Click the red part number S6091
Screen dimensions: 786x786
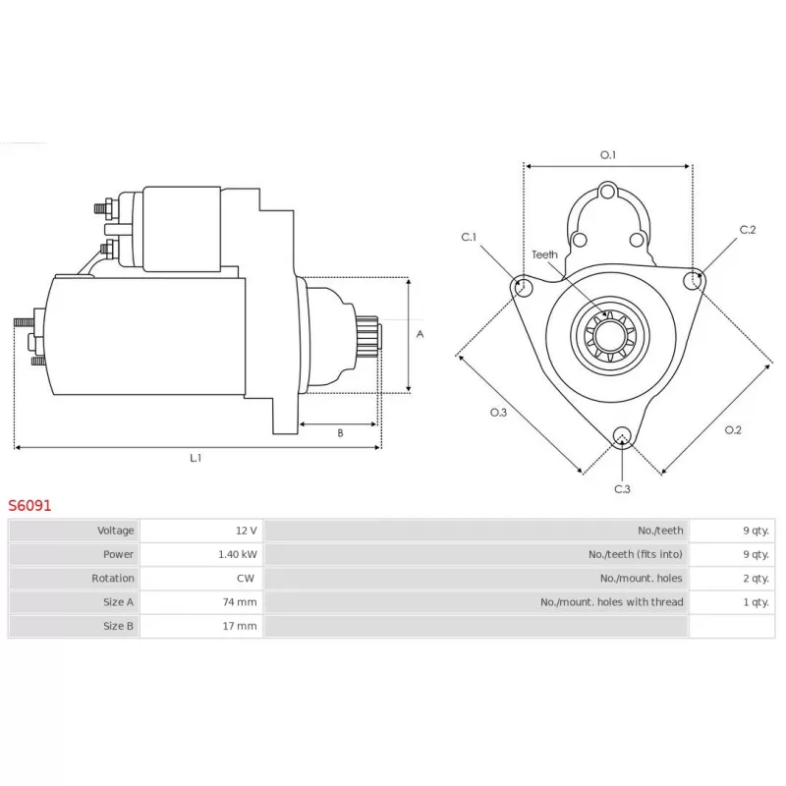(29, 505)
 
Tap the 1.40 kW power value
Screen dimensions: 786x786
(238, 554)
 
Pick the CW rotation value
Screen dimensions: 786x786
(246, 578)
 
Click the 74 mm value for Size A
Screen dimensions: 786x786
(240, 602)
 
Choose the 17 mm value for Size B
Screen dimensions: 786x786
(240, 626)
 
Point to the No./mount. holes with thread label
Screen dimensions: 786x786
(611, 602)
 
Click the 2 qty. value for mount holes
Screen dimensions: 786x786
(756, 578)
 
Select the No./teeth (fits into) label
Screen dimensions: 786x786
(636, 554)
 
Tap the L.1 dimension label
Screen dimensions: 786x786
(196, 458)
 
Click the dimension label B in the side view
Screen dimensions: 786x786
(340, 433)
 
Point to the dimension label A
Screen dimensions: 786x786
(421, 334)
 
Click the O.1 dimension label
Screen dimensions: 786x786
(608, 155)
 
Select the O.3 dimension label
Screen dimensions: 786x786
(498, 412)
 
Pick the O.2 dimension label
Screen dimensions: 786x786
(733, 429)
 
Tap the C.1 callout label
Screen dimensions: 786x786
(469, 237)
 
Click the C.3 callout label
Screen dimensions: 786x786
(622, 488)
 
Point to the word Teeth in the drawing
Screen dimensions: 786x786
(544, 254)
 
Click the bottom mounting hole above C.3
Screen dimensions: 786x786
(622, 435)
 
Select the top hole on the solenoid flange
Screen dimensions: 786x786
(607, 191)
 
